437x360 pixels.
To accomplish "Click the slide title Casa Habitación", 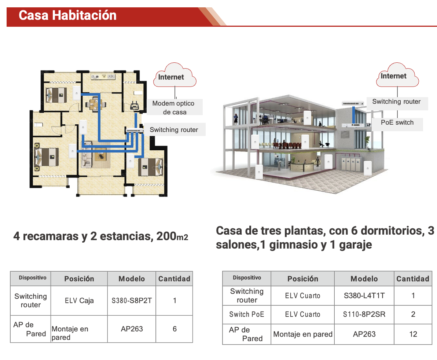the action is [67, 15].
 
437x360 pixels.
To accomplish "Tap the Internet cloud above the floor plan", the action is [175, 75].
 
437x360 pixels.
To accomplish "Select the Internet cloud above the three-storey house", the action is [397, 75].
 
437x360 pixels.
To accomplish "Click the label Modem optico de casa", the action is [175, 107].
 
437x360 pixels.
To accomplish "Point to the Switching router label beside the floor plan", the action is [174, 129].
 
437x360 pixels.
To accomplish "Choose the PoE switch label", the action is [397, 122].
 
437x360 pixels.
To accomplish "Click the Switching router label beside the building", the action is [396, 102].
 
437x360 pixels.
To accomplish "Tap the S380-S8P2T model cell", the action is [132, 301].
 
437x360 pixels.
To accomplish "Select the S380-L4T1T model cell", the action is [364, 295].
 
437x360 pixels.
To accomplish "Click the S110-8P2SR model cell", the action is [364, 314].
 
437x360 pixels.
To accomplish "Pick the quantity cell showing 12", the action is [413, 334].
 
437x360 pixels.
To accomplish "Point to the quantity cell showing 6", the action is [175, 329].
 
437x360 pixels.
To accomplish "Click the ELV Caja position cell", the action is [79, 301].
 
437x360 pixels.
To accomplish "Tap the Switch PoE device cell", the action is [247, 314].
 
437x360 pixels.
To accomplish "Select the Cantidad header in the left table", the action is [174, 279].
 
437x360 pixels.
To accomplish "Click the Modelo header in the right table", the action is [364, 279].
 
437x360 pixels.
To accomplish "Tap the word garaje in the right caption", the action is [355, 245].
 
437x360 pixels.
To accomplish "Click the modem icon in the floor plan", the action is [135, 105].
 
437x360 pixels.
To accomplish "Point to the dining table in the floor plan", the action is [95, 104].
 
